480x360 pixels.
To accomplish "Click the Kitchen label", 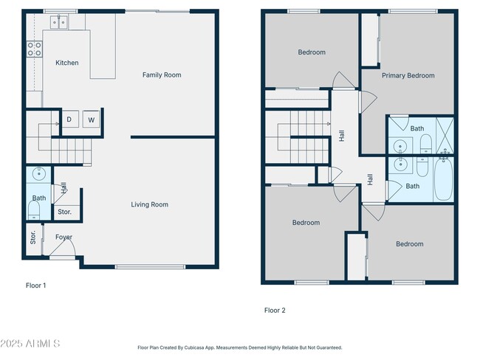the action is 67,63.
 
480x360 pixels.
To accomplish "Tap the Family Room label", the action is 162,75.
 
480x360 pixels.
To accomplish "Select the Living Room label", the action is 150,204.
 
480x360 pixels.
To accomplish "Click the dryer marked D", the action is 70,120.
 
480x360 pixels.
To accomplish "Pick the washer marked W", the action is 92,120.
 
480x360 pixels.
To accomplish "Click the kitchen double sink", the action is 59,22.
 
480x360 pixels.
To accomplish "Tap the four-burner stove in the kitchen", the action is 34,49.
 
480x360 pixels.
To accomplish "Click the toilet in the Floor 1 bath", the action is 34,210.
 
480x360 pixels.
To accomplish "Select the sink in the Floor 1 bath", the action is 39,174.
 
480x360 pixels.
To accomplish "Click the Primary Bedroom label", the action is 408,75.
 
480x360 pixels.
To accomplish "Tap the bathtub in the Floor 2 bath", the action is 444,179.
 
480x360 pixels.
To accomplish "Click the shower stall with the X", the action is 445,135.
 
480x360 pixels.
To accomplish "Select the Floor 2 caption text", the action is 275,311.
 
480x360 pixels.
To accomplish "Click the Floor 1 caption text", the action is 36,285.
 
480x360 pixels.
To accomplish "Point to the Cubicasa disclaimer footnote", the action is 240,347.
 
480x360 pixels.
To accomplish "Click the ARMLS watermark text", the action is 30,344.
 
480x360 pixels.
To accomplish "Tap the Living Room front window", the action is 150,267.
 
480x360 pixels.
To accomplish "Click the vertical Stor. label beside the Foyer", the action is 33,238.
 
